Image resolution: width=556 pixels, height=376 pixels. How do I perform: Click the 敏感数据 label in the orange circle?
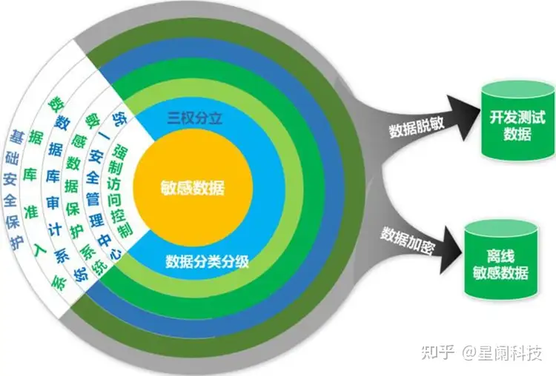[x=192, y=188]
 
